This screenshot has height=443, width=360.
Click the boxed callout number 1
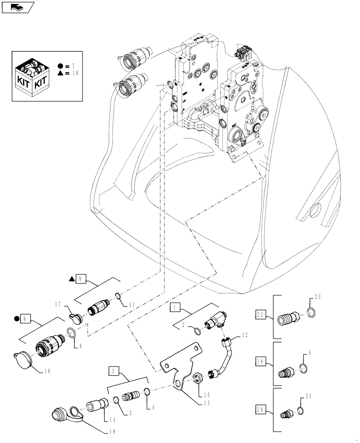click(176, 306)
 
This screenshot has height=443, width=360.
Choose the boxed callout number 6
click(25, 318)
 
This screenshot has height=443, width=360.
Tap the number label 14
click(105, 418)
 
